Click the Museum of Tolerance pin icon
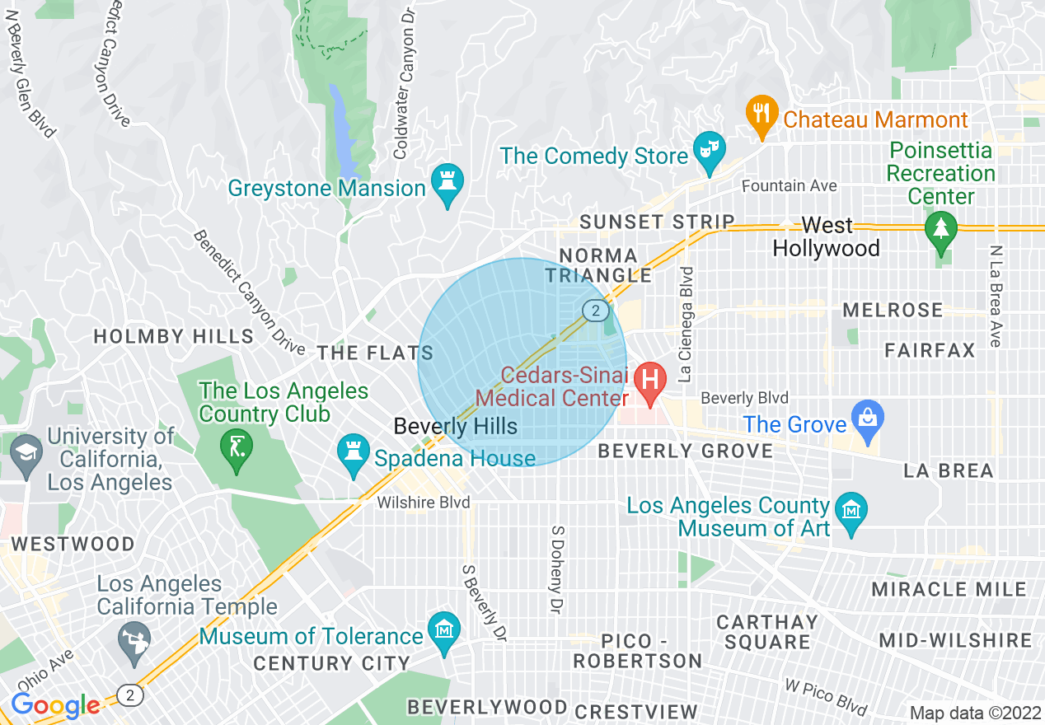click(444, 632)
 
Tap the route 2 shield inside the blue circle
click(594, 311)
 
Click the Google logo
click(55, 705)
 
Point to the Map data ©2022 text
click(974, 712)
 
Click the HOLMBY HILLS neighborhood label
click(173, 336)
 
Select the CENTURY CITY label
click(331, 663)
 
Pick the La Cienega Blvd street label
click(686, 324)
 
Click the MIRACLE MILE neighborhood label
click(949, 589)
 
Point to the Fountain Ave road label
click(789, 186)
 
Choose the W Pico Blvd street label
click(824, 697)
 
